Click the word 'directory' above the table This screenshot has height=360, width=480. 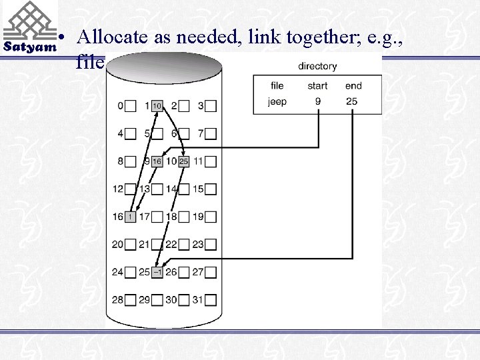[317, 66]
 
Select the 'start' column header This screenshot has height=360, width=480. [317, 85]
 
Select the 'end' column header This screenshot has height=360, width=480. [353, 85]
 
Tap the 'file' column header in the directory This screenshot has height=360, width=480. [277, 85]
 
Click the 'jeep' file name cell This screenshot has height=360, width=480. [277, 102]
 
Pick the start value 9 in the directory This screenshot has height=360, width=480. [317, 102]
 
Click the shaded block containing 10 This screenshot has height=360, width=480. [157, 106]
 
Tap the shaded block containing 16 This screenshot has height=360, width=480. [157, 161]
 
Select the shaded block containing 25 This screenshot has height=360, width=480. [184, 161]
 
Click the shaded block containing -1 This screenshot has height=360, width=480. [157, 272]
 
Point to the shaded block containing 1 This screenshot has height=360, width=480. [130, 217]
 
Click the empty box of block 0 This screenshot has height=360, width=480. [130, 106]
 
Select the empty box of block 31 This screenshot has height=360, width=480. [211, 300]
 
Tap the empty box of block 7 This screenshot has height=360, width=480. [211, 134]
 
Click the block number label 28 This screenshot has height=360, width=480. [118, 300]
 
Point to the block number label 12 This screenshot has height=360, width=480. [118, 189]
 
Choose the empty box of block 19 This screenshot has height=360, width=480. [211, 217]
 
